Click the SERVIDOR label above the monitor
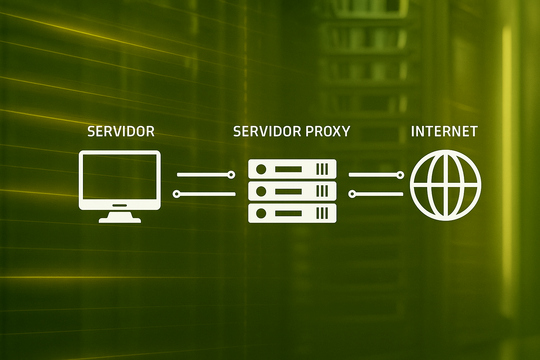121,131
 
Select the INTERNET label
444,131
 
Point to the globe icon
445,185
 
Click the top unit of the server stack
292,169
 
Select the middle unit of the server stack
292,191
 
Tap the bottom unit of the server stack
292,213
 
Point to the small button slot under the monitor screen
120,205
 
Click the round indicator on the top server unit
261,169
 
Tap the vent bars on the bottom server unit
322,213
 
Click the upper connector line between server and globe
377,175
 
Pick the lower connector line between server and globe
376,194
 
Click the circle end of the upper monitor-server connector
231,175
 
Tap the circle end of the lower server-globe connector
352,194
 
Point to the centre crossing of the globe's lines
445,187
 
